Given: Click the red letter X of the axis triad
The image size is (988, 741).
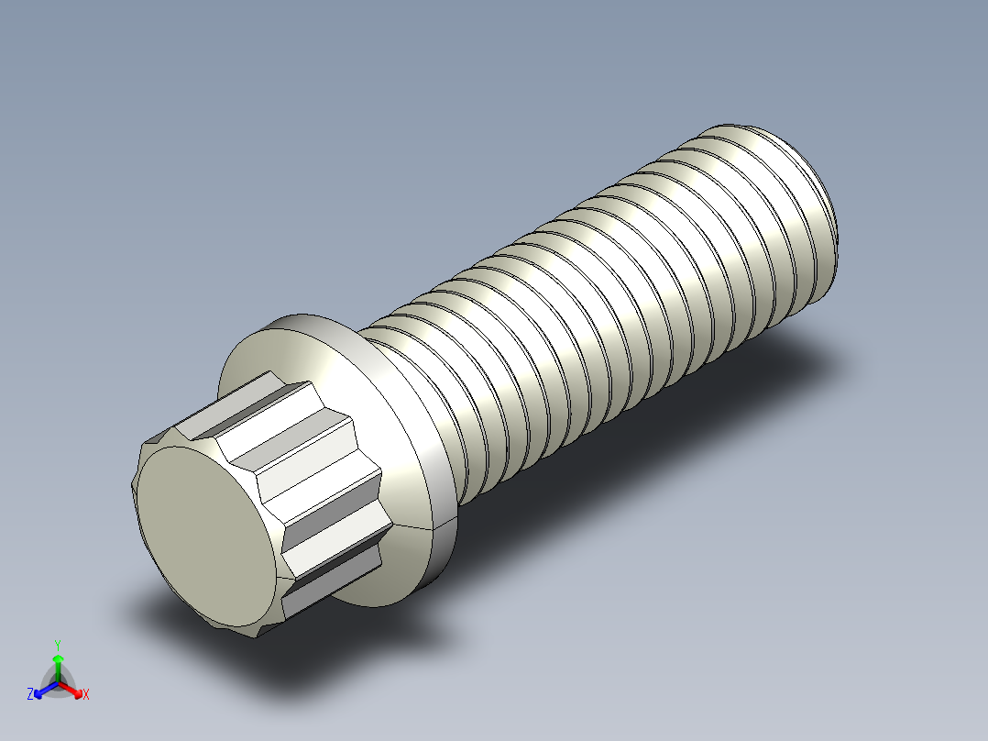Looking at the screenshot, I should (x=86, y=695).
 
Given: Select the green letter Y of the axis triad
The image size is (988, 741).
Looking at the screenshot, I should (x=58, y=644).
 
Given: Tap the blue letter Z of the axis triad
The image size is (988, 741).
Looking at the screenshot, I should (x=30, y=694).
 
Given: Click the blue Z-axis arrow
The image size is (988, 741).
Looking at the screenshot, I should (x=43, y=688).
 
